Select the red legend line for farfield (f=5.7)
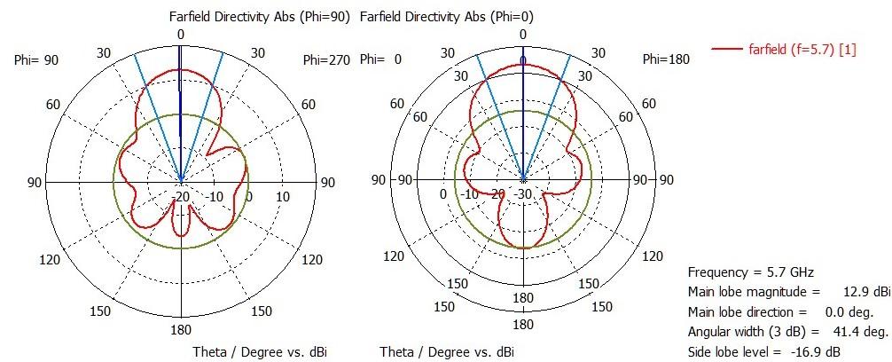click(732, 50)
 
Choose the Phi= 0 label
click(387, 59)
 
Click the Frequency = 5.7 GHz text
click(750, 272)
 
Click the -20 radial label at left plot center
click(183, 196)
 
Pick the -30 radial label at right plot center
click(523, 194)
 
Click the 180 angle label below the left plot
click(181, 330)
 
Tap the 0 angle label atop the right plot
click(522, 35)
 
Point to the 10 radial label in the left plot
click(282, 196)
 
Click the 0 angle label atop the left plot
click(181, 35)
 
